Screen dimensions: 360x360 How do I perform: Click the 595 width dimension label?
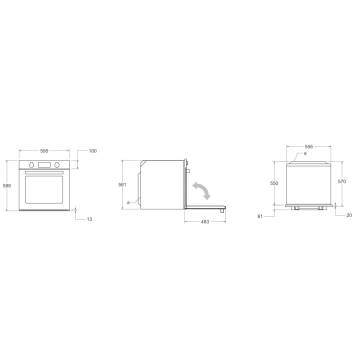pyautogui.click(x=44, y=151)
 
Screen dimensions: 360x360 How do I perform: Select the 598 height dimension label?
pyautogui.click(x=7, y=185)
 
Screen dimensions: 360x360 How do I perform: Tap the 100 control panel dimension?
pyautogui.click(x=93, y=151)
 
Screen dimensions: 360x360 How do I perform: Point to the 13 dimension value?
pyautogui.click(x=89, y=219)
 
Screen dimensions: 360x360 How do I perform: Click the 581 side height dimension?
pyautogui.click(x=122, y=184)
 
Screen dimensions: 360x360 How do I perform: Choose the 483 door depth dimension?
pyautogui.click(x=205, y=221)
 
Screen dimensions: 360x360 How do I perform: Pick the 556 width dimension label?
pyautogui.click(x=309, y=146)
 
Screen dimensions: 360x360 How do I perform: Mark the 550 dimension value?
pyautogui.click(x=274, y=183)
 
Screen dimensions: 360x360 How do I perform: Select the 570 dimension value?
pyautogui.click(x=342, y=181)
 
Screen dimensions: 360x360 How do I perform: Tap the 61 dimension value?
pyautogui.click(x=260, y=216)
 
